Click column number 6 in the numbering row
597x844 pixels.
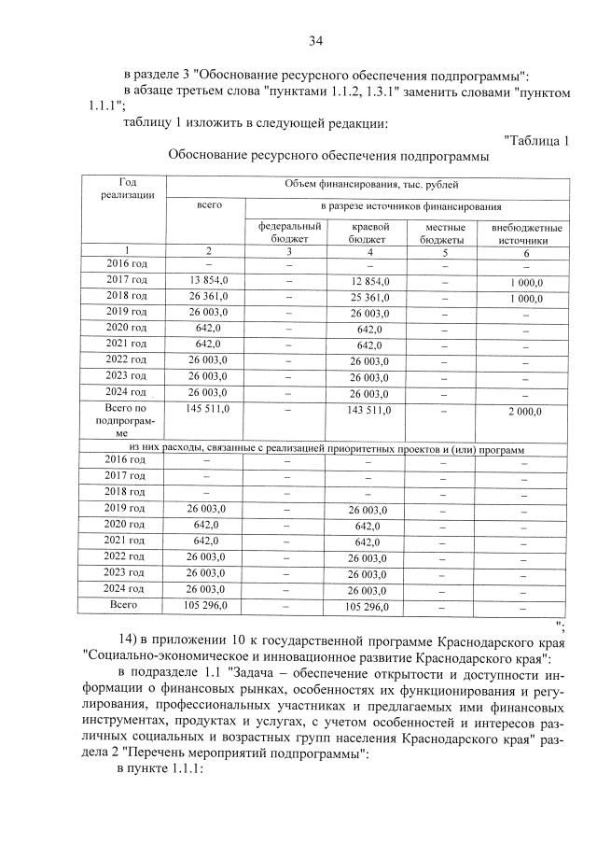525,251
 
